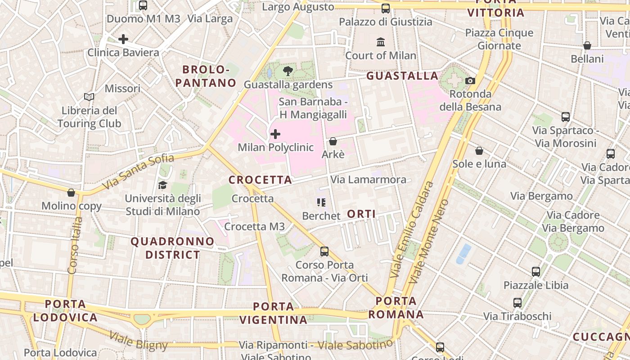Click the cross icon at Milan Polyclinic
click(x=275, y=134)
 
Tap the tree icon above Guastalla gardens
click(x=288, y=71)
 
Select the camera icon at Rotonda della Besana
click(x=470, y=81)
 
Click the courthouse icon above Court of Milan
click(x=381, y=42)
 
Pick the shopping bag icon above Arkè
click(x=333, y=141)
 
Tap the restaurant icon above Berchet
click(x=321, y=202)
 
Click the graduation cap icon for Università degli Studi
click(x=162, y=185)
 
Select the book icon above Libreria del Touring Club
click(x=89, y=97)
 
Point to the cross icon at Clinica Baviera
click(x=123, y=39)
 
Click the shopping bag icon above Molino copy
click(x=71, y=193)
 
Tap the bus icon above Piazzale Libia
click(x=535, y=272)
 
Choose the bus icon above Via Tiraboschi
click(x=517, y=303)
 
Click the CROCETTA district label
click(x=261, y=180)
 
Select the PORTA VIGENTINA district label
click(x=273, y=313)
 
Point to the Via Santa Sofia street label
click(x=138, y=171)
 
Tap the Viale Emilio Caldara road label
click(x=411, y=229)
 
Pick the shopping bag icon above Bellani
click(x=587, y=45)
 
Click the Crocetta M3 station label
click(x=254, y=226)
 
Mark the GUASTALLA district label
click(x=402, y=76)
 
